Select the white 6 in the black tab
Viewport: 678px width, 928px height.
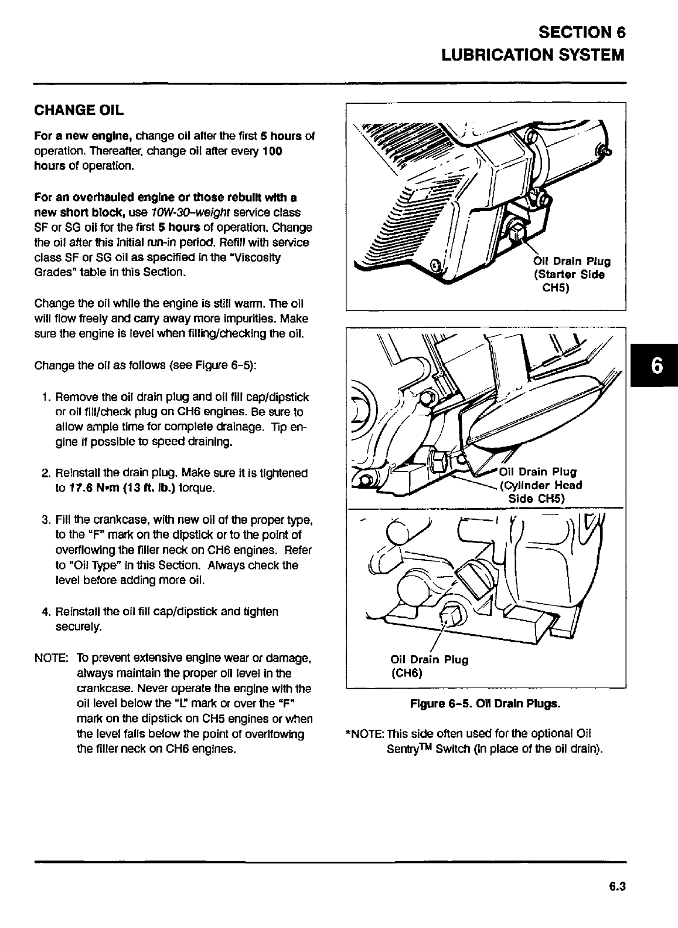point(657,366)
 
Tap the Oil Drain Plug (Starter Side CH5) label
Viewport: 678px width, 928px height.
point(571,275)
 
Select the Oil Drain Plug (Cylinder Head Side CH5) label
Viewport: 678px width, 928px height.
point(540,485)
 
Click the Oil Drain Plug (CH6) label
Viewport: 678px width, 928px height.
point(429,666)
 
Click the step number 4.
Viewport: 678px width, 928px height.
point(45,612)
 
